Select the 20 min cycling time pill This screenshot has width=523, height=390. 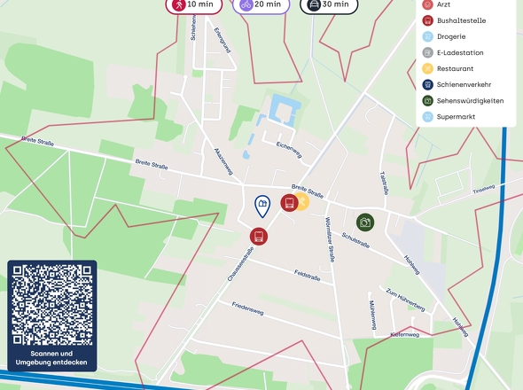pos(261,4)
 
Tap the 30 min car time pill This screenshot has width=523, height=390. pos(328,4)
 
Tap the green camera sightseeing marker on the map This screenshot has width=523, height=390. pos(365,222)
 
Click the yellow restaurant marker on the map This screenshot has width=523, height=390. pos(301,203)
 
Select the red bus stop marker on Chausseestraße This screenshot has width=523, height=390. pos(258,236)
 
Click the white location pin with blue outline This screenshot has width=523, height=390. pos(261,207)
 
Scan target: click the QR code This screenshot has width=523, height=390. pos(51,304)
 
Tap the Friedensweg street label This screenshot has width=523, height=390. pos(248,308)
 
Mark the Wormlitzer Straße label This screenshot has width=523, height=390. pos(329,238)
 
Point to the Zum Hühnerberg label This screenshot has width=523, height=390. pos(405,298)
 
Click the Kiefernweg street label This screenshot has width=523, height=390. pos(408,334)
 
